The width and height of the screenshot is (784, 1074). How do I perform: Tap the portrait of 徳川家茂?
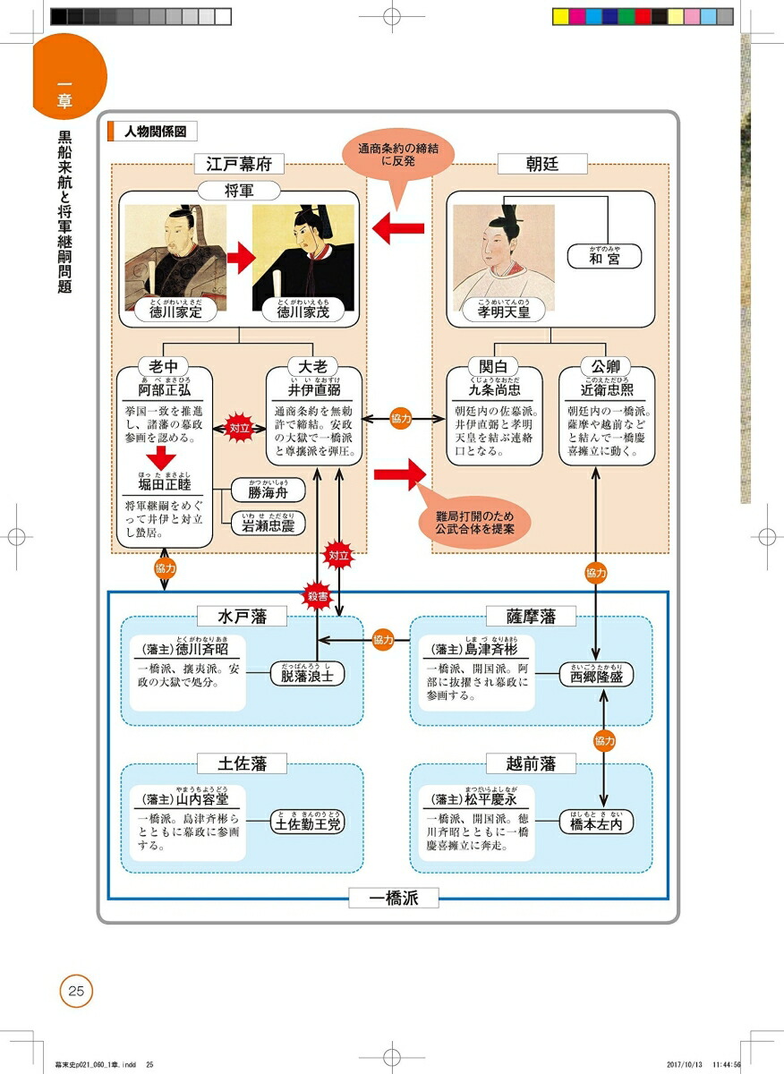click(x=303, y=255)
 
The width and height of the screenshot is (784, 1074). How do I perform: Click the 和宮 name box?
click(x=604, y=257)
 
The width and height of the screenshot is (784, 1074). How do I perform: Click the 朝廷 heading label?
click(x=543, y=164)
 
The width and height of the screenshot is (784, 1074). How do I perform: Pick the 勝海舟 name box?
click(x=268, y=490)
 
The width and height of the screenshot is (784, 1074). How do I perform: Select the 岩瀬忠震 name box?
click(x=268, y=523)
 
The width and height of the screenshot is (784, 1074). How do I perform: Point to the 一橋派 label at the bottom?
click(x=394, y=897)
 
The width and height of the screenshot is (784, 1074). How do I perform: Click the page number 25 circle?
click(x=76, y=990)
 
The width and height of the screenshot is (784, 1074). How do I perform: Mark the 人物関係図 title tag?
click(x=152, y=131)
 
